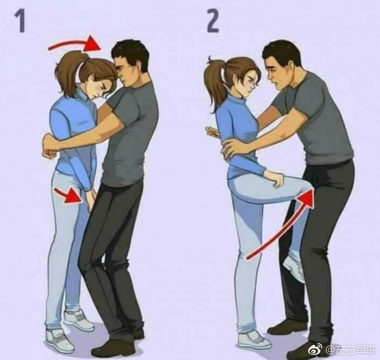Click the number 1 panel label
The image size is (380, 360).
point(20,22)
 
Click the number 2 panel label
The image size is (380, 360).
point(213,22)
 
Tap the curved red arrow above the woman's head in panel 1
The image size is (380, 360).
point(73,44)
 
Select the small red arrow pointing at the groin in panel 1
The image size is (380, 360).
point(69,195)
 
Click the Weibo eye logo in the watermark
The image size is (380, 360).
point(315,349)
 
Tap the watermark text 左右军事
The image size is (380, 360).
point(355,350)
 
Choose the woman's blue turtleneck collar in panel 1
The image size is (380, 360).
point(85,93)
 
